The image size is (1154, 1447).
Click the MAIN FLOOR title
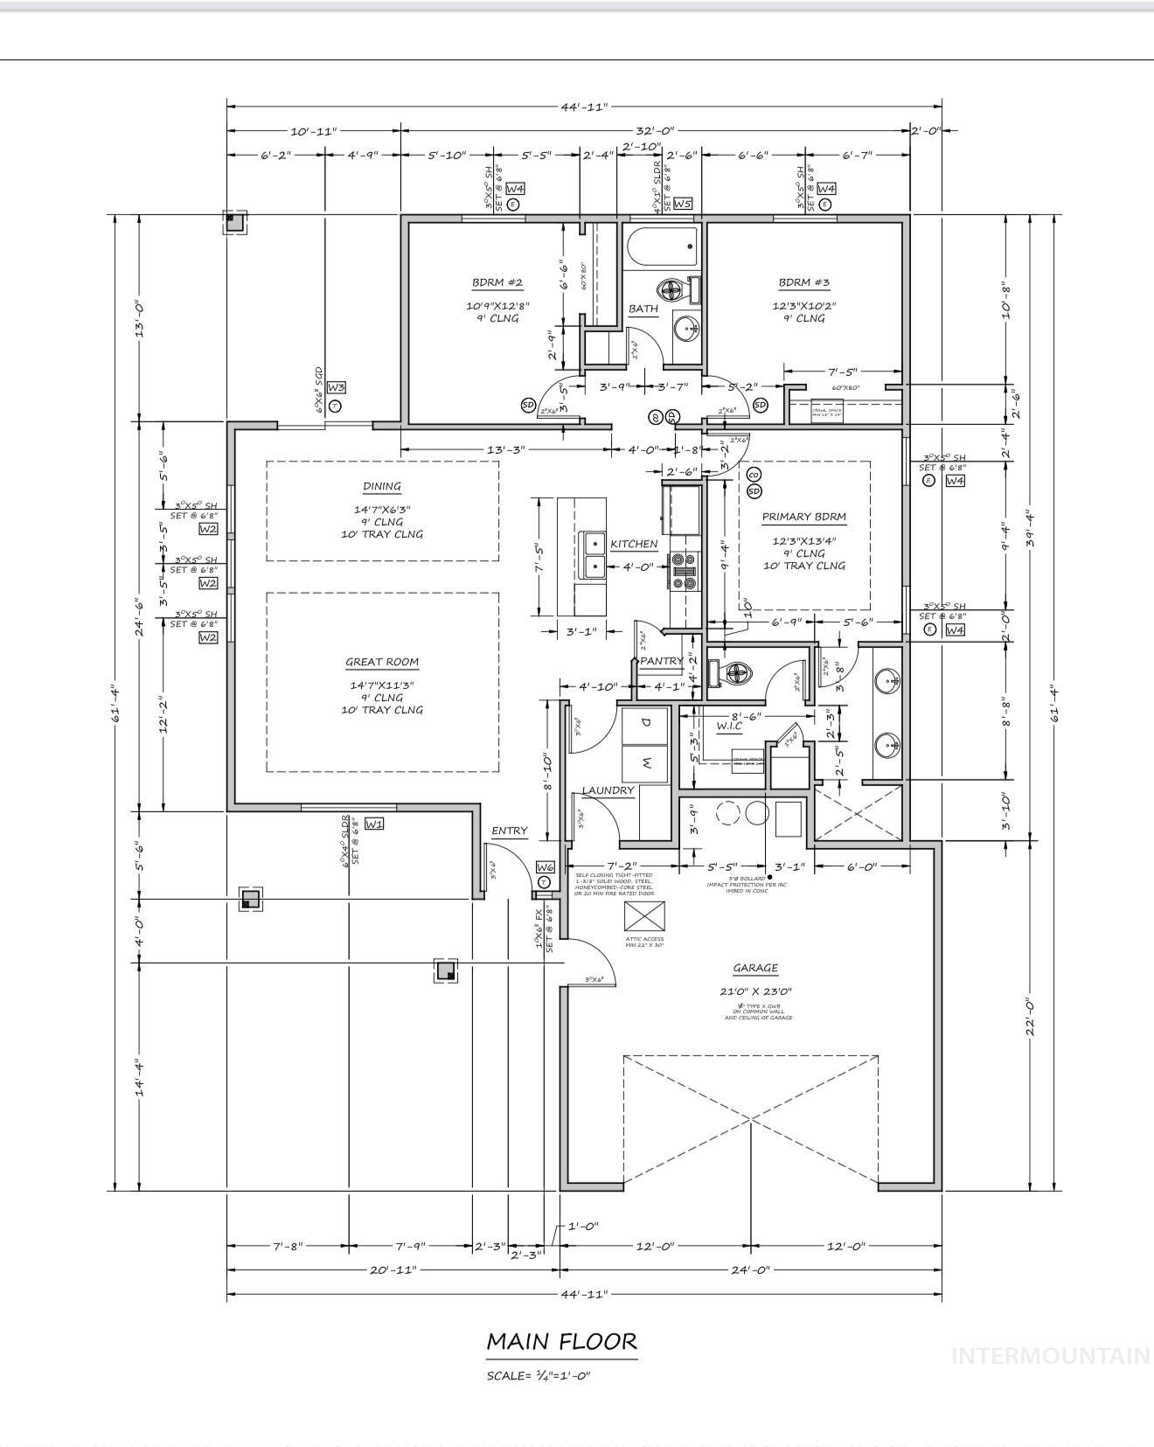[561, 1340]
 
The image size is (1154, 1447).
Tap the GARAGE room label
[755, 968]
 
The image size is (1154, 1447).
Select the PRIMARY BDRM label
[803, 517]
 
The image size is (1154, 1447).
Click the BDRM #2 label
[497, 282]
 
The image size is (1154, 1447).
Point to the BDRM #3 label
[803, 282]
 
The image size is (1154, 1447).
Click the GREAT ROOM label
[382, 662]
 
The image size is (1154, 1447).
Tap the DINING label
[382, 486]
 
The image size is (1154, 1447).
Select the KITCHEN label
[634, 544]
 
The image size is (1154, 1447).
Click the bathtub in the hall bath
[662, 247]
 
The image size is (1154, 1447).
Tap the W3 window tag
[337, 387]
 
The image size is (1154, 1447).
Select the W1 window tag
[374, 824]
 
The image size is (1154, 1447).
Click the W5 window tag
[683, 204]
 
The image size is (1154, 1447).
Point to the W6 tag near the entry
[545, 867]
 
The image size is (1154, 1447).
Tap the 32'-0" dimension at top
[655, 130]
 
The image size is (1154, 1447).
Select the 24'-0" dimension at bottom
[750, 1270]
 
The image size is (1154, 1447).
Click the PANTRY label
[661, 661]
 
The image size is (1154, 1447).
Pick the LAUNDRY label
[608, 790]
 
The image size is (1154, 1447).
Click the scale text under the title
[539, 1375]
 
